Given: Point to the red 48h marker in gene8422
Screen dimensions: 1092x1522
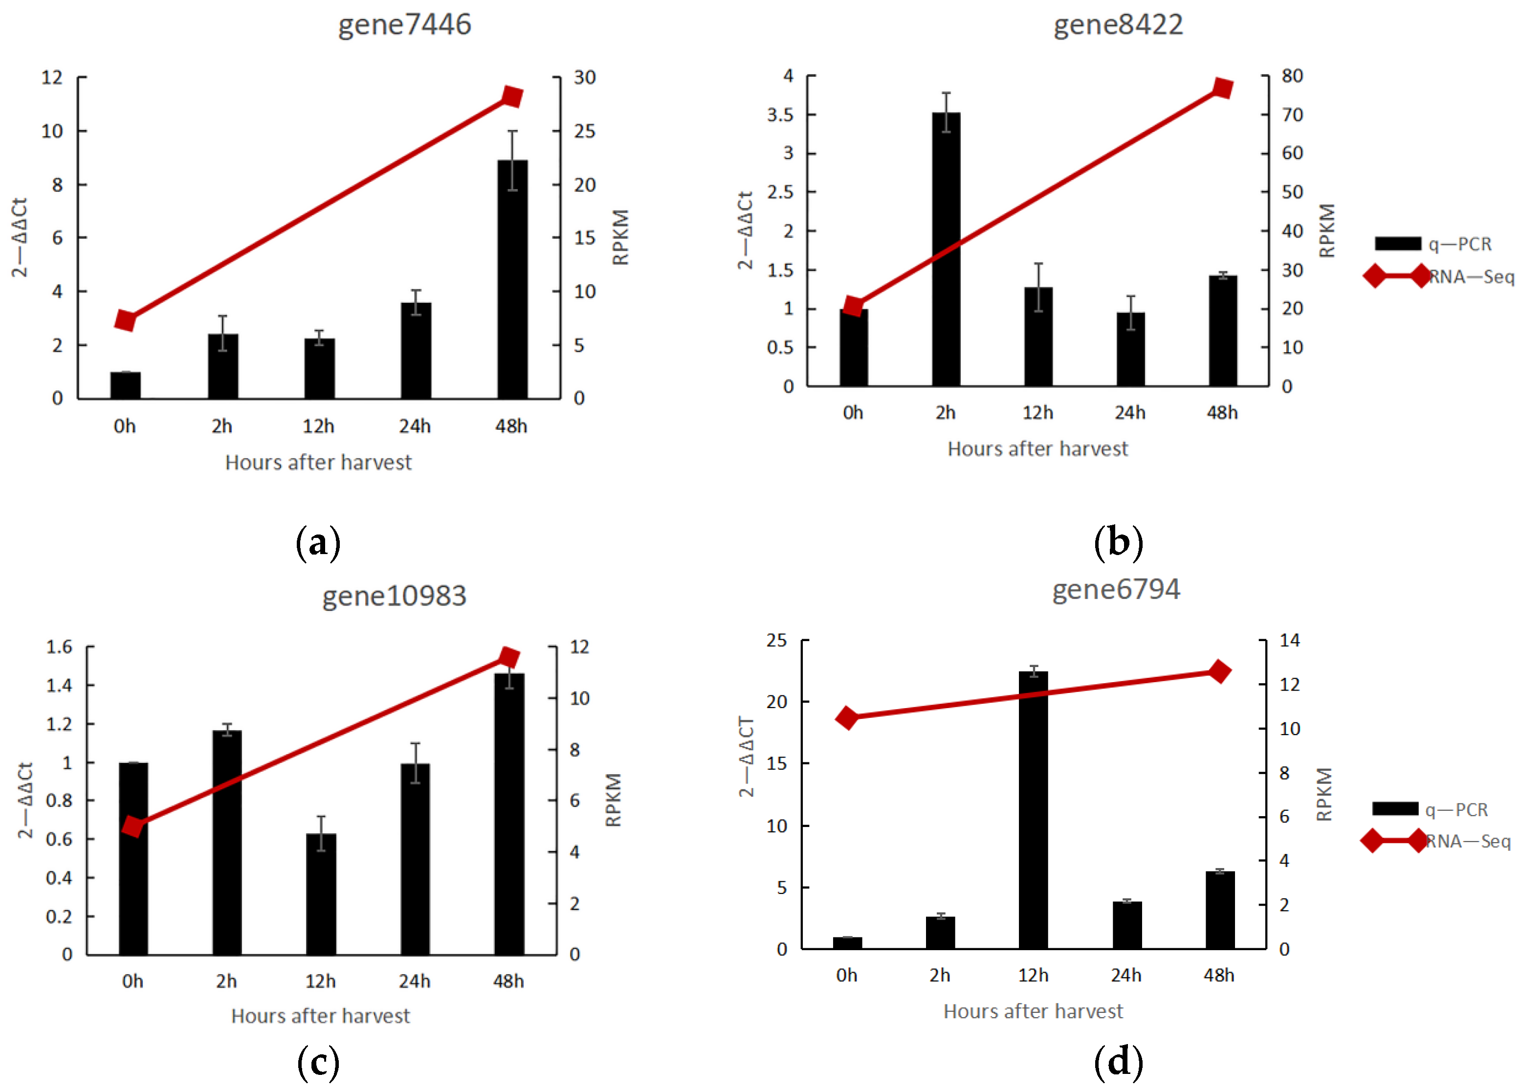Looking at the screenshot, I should click(1223, 88).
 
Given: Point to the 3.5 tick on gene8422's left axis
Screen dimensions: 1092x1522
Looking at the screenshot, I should click(780, 115).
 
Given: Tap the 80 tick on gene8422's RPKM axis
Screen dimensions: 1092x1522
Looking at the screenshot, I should click(1292, 76).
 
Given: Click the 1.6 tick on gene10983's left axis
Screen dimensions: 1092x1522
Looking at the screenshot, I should click(59, 646).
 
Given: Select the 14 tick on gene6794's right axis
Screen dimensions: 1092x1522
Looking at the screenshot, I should click(1289, 640).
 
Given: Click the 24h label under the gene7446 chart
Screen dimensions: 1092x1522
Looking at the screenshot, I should click(415, 426).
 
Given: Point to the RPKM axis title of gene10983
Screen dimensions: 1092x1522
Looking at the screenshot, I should click(614, 800).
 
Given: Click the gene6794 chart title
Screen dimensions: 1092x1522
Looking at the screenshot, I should click(1115, 589).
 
